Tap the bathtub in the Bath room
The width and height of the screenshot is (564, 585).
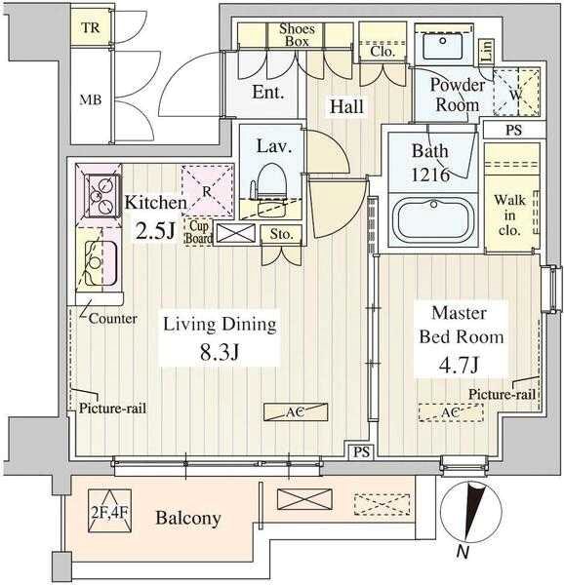433,219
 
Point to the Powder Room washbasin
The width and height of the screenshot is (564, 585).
443,45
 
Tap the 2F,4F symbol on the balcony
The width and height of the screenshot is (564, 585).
109,511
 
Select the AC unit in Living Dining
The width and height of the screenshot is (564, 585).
296,411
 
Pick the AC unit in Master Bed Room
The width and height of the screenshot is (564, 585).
451,412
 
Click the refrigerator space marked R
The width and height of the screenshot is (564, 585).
208,191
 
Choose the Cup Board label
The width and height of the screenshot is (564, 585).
199,232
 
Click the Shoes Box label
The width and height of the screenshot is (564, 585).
297,35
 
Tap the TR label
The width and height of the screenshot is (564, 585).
91,27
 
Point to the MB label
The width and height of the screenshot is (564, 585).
91,99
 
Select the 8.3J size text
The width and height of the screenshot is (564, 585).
220,351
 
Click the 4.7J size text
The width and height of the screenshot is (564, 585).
459,365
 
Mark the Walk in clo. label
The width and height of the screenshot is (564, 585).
509,214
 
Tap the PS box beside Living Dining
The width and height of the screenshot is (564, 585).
361,452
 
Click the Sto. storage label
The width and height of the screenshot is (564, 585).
281,234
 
